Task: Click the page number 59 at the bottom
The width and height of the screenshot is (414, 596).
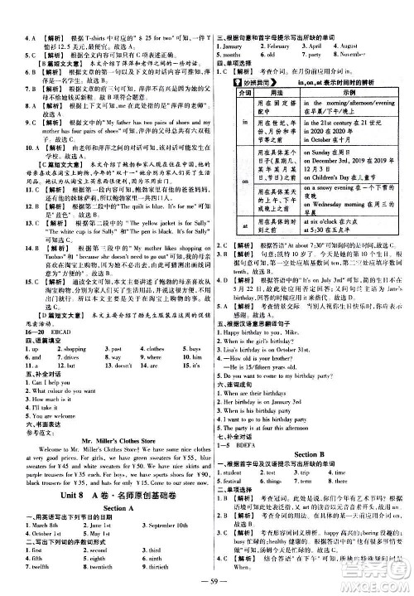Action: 207,587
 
